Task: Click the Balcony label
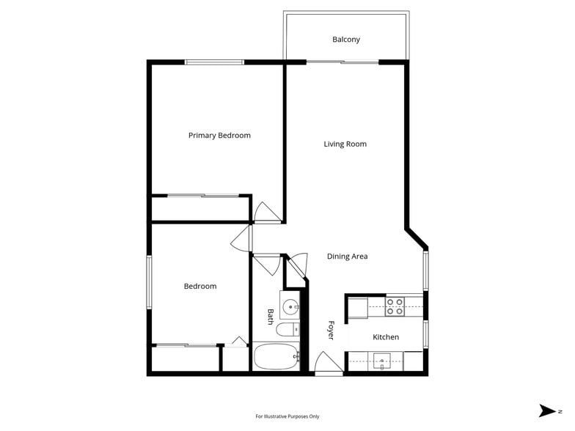(x=345, y=40)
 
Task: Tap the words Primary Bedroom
(x=219, y=136)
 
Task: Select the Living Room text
(x=345, y=144)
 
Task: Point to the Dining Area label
(x=347, y=257)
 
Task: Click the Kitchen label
(x=386, y=337)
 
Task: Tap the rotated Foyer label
(x=331, y=331)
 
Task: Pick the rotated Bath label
(x=271, y=317)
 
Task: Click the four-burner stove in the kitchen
(x=395, y=306)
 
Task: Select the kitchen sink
(x=383, y=361)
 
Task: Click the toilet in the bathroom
(x=287, y=329)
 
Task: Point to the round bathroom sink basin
(x=290, y=306)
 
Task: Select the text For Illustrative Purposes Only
(x=287, y=416)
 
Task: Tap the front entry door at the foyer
(x=328, y=364)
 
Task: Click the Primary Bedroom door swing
(x=265, y=213)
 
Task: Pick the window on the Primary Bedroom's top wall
(x=214, y=62)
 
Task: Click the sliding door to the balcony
(x=343, y=62)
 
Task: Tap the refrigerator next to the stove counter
(x=357, y=307)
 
